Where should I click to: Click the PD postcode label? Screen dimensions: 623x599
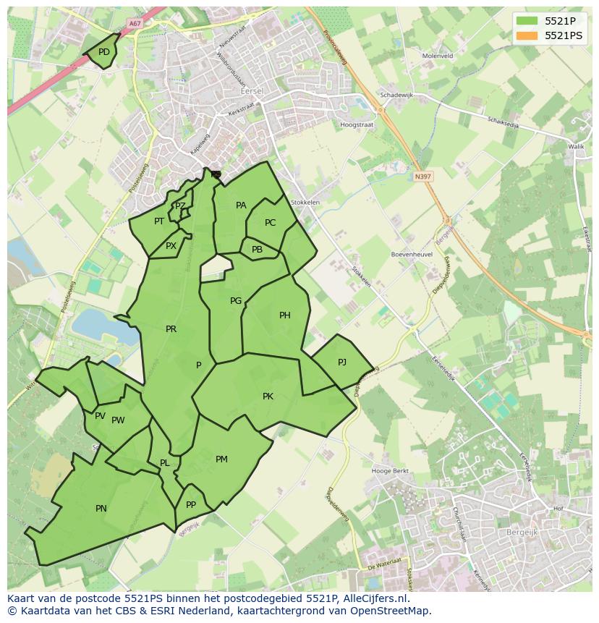104,52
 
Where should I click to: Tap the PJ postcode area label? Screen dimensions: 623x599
342,362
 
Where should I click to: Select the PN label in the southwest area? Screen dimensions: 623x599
101,509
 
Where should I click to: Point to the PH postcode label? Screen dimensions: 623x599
285,315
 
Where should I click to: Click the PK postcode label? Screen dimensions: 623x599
268,397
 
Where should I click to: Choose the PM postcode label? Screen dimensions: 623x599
221,459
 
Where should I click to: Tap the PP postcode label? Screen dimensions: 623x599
191,505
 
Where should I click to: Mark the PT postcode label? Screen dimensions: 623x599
159,221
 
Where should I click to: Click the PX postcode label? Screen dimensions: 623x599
171,246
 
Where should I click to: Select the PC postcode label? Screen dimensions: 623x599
270,223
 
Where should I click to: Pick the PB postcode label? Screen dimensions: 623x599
257,250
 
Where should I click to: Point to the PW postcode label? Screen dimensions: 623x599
118,420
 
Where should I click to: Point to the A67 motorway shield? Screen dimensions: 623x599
134,23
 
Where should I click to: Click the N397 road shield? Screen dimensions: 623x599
422,176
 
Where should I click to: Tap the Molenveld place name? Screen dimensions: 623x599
437,56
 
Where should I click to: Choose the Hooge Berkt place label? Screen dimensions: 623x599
390,471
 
